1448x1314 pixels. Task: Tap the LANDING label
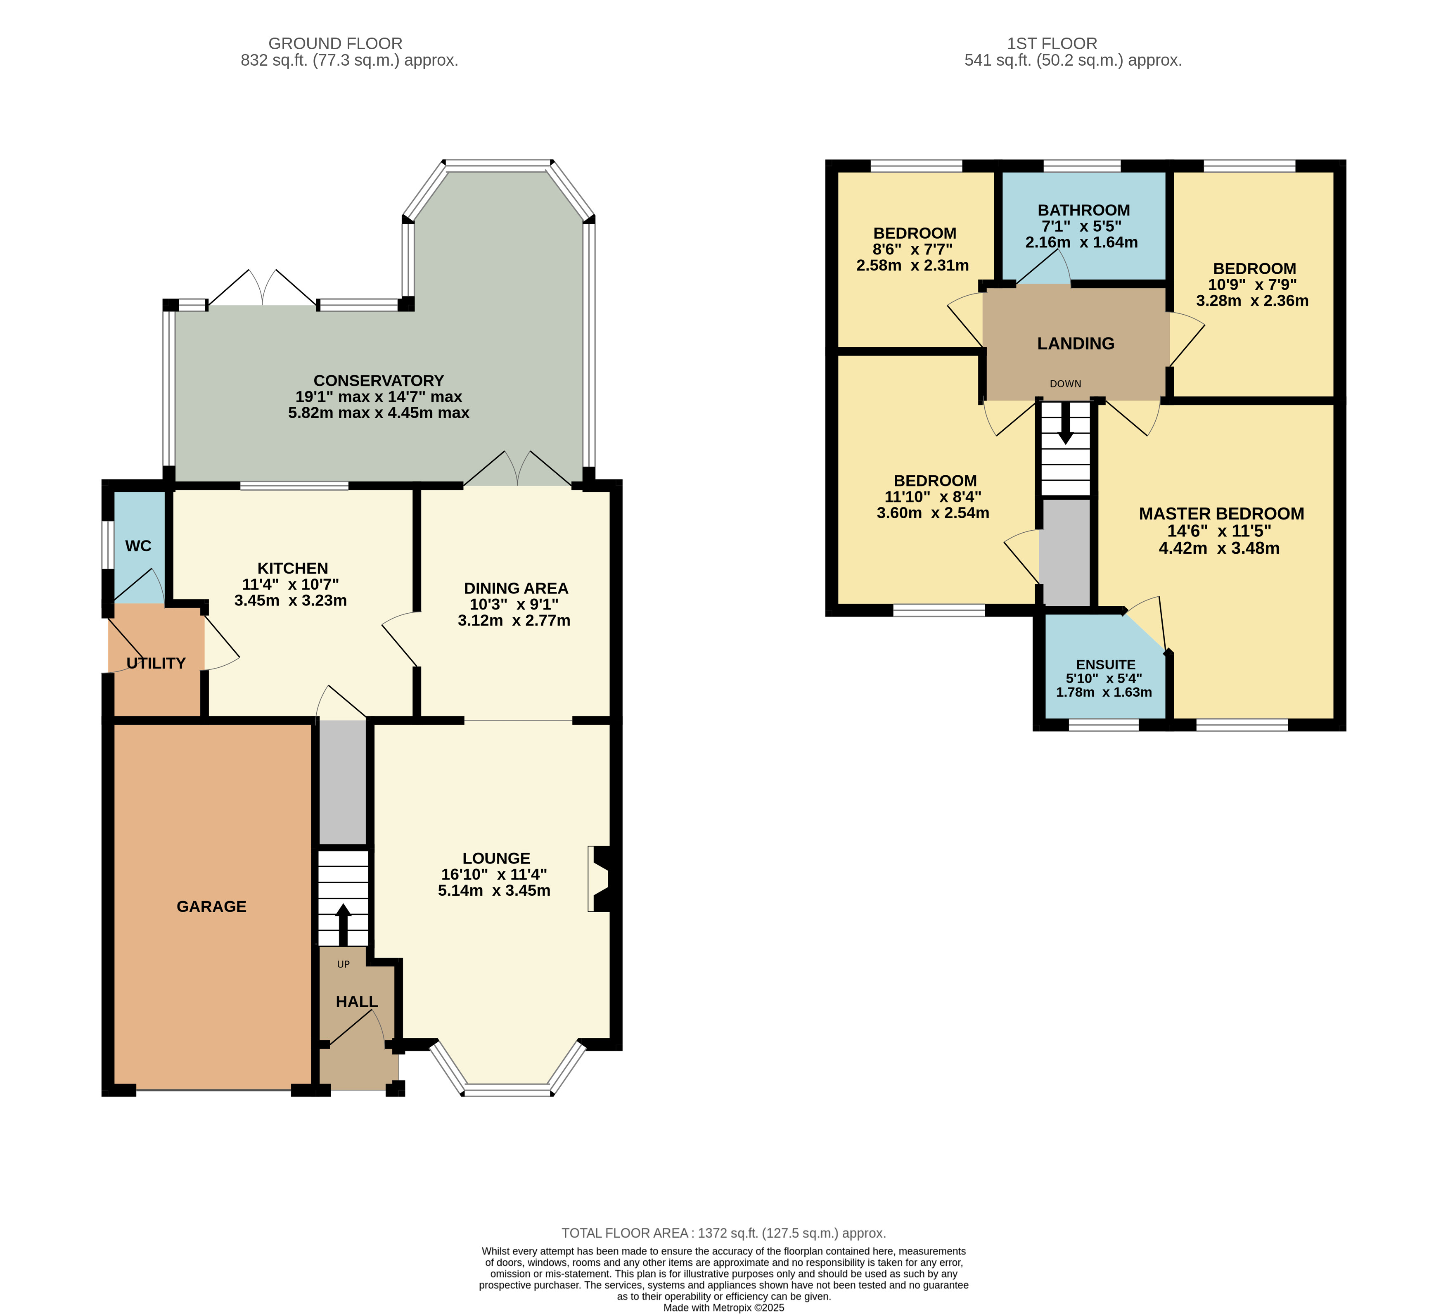click(x=1075, y=344)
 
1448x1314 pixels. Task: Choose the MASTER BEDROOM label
click(x=1221, y=514)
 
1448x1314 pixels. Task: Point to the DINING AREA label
click(x=516, y=588)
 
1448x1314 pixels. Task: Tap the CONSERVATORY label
click(x=379, y=381)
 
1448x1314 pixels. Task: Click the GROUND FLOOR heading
click(x=335, y=44)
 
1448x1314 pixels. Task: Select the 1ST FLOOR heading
click(x=1052, y=44)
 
